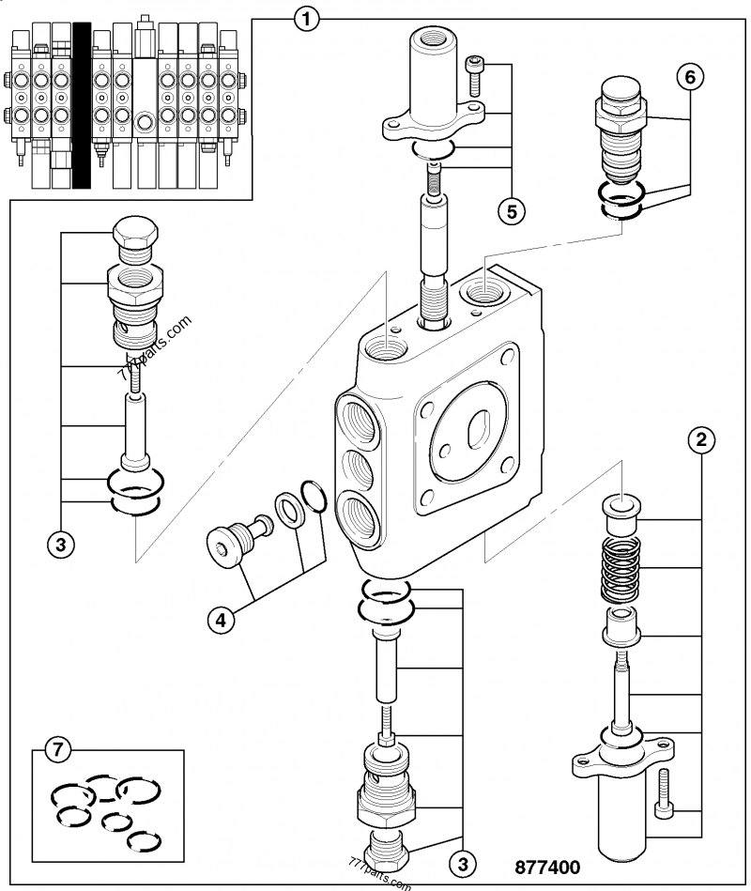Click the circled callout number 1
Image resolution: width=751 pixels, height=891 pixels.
click(x=307, y=16)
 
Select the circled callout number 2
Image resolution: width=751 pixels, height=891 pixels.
click(x=699, y=438)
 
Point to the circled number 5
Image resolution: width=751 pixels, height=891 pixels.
click(x=511, y=211)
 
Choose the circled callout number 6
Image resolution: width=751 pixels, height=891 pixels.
click(x=689, y=78)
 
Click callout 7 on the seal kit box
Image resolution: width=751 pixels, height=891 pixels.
click(x=58, y=749)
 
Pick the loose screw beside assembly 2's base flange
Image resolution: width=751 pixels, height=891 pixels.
click(x=665, y=793)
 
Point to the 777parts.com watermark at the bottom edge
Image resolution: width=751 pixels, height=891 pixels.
click(x=379, y=876)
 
